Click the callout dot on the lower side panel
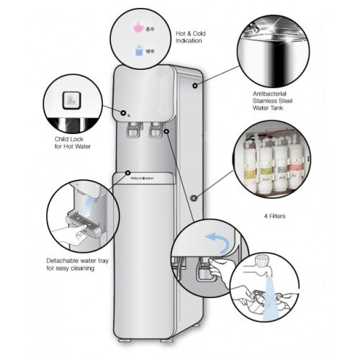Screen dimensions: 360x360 click(x=194, y=196)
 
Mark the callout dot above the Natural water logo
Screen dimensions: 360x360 click(x=127, y=173)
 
